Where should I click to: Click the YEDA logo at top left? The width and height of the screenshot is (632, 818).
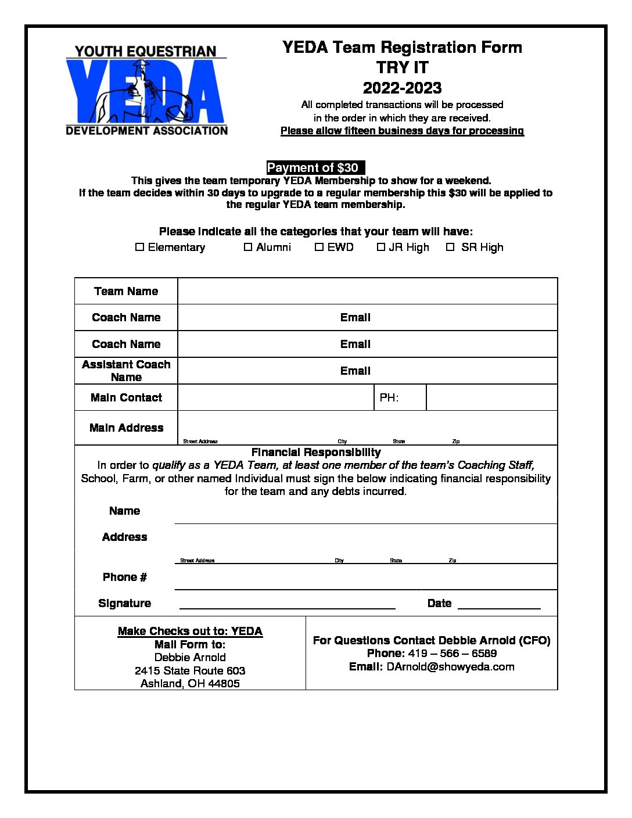(x=146, y=91)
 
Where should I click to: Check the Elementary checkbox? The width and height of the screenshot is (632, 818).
(x=139, y=247)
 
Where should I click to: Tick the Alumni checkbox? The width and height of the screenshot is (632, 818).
(x=248, y=247)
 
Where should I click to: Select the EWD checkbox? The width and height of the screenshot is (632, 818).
(x=319, y=247)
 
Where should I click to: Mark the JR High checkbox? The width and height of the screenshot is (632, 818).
(x=381, y=247)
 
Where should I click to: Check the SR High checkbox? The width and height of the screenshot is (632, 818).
(x=450, y=247)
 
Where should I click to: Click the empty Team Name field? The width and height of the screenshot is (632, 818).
(x=367, y=291)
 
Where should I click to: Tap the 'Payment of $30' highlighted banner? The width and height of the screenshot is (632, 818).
(x=315, y=168)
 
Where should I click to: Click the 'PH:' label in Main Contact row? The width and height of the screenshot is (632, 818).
(x=389, y=398)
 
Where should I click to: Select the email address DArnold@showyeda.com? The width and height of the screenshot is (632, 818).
(x=450, y=667)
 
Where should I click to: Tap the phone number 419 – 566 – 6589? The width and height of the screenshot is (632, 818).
(x=452, y=654)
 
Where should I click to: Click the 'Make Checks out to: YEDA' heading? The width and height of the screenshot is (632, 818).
(x=190, y=632)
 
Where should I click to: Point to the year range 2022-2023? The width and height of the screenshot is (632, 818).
(x=402, y=88)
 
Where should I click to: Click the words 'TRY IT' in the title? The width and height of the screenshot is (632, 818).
(x=402, y=67)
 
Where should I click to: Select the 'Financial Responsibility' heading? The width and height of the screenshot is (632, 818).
(x=316, y=453)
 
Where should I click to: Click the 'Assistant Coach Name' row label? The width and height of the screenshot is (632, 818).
(x=126, y=371)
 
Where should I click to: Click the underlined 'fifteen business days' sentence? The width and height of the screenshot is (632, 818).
(x=402, y=131)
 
